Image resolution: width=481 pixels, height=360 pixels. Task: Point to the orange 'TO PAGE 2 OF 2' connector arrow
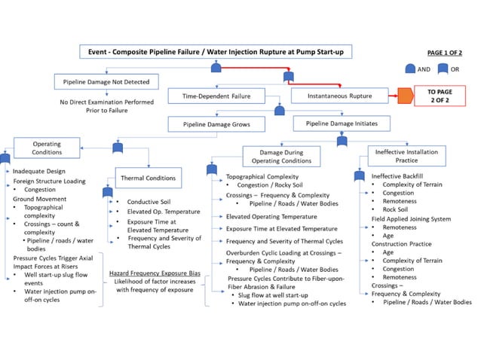click(405, 96)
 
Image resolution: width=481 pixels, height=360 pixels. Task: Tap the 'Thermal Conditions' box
click(148, 178)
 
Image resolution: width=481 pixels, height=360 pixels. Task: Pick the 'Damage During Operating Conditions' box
click(275, 156)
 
